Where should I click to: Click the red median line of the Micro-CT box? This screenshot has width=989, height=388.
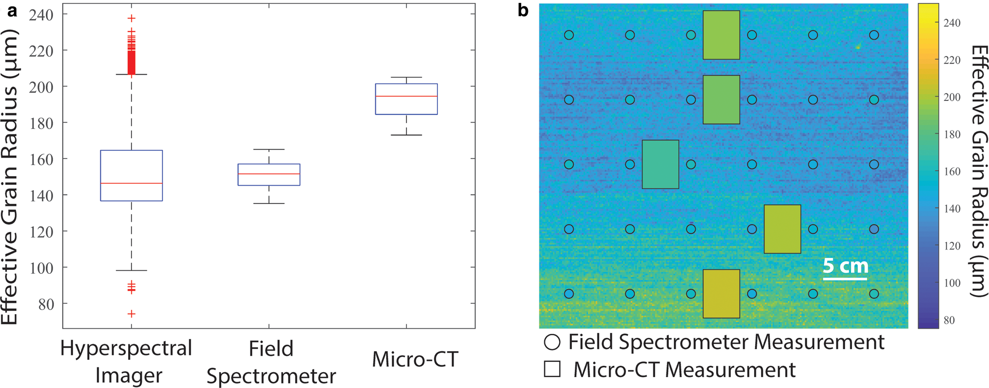point(406,96)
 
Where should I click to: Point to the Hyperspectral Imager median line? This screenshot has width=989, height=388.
point(132,183)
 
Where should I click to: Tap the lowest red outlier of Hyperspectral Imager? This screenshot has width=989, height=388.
point(132,314)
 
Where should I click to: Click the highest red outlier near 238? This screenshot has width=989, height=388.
point(132,18)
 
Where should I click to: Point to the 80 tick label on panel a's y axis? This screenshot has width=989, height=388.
point(45,304)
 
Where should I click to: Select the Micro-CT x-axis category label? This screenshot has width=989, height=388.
point(415,359)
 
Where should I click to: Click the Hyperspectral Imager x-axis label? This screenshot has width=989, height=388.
point(127,361)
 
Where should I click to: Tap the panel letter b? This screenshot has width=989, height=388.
point(523,11)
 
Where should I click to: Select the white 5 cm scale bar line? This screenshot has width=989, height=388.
point(845,279)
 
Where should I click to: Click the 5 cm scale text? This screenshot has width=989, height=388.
point(845,266)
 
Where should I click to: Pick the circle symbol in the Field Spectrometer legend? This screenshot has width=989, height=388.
point(552,342)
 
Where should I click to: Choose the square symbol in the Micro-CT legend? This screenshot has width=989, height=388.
point(552,369)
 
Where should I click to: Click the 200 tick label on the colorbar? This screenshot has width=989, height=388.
point(952,97)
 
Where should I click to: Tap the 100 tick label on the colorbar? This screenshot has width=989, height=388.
point(952,283)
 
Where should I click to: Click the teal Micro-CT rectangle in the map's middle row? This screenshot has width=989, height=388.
point(660,164)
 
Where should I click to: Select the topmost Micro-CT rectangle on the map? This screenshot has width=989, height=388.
point(721,35)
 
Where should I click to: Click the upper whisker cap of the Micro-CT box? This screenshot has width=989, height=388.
point(406,77)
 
